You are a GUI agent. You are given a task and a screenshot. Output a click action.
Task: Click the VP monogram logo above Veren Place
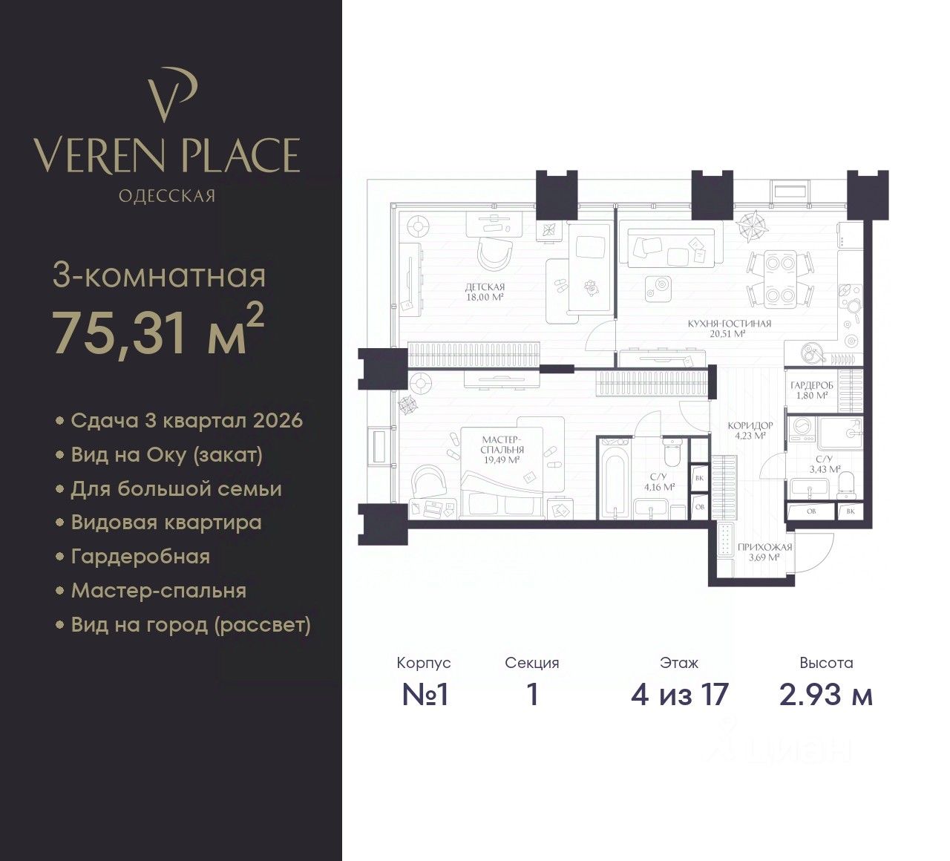(x=169, y=95)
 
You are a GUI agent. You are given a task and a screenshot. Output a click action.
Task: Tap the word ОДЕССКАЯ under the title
(x=167, y=196)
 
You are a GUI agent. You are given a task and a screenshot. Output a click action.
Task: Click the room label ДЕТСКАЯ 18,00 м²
(x=485, y=292)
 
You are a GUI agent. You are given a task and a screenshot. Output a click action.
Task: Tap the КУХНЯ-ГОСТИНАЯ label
(x=730, y=329)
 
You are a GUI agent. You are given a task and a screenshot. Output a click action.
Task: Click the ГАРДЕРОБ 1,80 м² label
(x=812, y=390)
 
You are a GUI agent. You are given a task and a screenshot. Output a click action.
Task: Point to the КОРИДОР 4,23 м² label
(x=750, y=430)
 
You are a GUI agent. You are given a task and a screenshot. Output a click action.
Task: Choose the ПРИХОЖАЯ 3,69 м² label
(x=765, y=552)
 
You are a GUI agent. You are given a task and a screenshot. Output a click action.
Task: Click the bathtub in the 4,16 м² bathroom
(x=615, y=479)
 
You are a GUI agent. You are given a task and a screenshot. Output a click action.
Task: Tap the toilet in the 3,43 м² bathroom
(x=846, y=485)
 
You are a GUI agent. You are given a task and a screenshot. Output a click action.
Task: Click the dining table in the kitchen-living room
(x=779, y=279)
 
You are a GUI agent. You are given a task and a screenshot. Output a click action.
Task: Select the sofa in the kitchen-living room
(x=671, y=249)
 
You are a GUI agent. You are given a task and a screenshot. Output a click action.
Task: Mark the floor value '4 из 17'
(x=679, y=695)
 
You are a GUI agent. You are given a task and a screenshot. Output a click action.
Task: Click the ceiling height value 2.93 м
(x=826, y=695)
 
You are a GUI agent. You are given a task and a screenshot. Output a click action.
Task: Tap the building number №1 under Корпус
(x=425, y=695)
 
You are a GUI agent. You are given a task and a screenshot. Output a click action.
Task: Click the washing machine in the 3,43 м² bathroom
(x=803, y=430)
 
